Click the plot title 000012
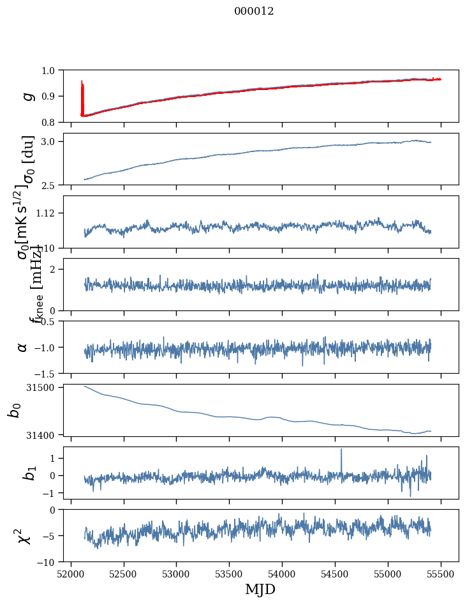coord(254,11)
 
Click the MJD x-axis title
coord(260,589)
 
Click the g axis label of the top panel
coord(27,96)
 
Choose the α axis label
coord(23,347)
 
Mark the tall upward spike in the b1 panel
coord(341,451)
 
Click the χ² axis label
coord(26,535)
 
